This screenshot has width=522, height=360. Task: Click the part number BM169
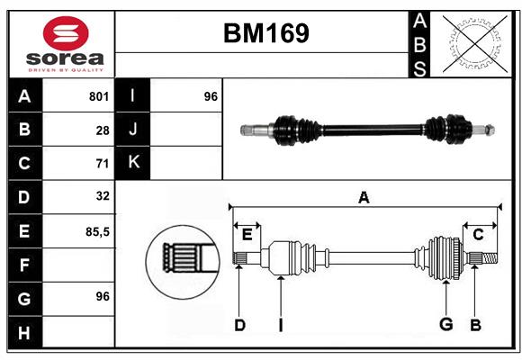pyautogui.click(x=265, y=33)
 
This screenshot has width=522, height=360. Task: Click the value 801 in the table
pyautogui.click(x=99, y=96)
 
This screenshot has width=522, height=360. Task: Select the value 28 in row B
pyautogui.click(x=103, y=130)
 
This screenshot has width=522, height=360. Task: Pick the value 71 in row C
pyautogui.click(x=103, y=164)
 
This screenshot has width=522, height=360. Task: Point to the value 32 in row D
pyautogui.click(x=102, y=195)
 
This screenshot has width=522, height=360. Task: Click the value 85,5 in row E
pyautogui.click(x=97, y=231)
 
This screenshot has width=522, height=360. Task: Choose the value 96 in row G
pyautogui.click(x=102, y=296)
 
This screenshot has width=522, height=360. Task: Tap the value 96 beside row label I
pyautogui.click(x=211, y=96)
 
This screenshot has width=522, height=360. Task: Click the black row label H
pyautogui.click(x=24, y=333)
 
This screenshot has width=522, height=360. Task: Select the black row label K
pyautogui.click(x=133, y=163)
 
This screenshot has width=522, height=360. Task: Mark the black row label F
pyautogui.click(x=24, y=265)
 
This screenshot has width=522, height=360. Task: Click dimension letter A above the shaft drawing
pyautogui.click(x=364, y=197)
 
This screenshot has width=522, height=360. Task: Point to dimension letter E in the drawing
pyautogui.click(x=247, y=234)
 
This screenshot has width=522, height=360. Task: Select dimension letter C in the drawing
pyautogui.click(x=478, y=234)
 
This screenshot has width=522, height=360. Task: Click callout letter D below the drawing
pyautogui.click(x=239, y=325)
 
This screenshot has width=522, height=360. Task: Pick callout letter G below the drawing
pyautogui.click(x=445, y=325)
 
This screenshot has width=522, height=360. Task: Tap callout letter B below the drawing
pyautogui.click(x=476, y=325)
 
